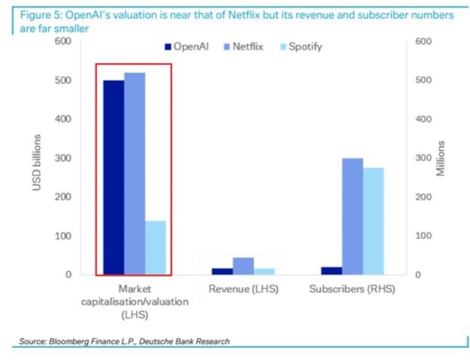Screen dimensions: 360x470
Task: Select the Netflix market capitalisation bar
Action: click(x=134, y=174)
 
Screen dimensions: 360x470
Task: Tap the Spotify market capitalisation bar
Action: click(x=156, y=248)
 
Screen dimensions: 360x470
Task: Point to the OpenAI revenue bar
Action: click(x=222, y=271)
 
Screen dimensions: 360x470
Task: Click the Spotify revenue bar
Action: click(x=264, y=271)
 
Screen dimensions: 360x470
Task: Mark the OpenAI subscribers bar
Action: click(x=331, y=271)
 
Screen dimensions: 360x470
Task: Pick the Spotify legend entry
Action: click(x=301, y=47)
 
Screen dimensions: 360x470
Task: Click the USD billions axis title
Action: click(x=37, y=163)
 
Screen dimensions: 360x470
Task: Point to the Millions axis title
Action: click(x=441, y=159)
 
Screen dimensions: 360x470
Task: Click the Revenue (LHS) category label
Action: click(x=243, y=290)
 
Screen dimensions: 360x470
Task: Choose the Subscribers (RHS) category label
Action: click(x=352, y=290)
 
